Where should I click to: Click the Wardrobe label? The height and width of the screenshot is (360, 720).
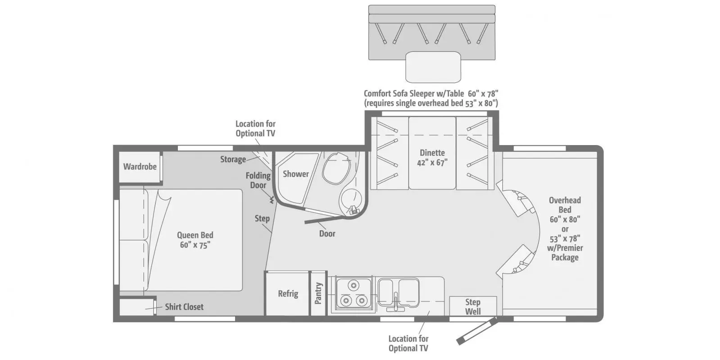pyautogui.click(x=140, y=166)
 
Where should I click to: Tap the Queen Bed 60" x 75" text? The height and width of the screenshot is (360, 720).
pyautogui.click(x=195, y=240)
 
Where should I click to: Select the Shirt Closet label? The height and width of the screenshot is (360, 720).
pyautogui.click(x=184, y=307)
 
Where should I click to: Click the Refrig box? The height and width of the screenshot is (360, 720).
pyautogui.click(x=288, y=294)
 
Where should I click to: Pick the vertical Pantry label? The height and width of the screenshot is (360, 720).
pyautogui.click(x=319, y=293)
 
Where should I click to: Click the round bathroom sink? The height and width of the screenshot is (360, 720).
pyautogui.click(x=351, y=199)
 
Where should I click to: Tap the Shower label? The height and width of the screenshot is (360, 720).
pyautogui.click(x=295, y=174)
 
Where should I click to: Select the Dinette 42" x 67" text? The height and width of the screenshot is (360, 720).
pyautogui.click(x=432, y=158)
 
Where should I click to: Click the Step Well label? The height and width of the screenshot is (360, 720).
pyautogui.click(x=472, y=306)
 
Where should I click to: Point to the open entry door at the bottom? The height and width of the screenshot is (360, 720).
pyautogui.click(x=476, y=331)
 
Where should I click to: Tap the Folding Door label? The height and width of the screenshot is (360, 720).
pyautogui.click(x=258, y=180)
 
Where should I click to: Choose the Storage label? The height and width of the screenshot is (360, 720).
pyautogui.click(x=233, y=159)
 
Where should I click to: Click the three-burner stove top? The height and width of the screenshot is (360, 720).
pyautogui.click(x=352, y=294)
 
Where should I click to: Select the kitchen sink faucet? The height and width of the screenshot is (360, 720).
pyautogui.click(x=395, y=302)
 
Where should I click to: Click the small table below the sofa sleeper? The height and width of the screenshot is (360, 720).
pyautogui.click(x=433, y=67)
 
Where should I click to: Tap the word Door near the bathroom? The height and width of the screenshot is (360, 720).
pyautogui.click(x=327, y=233)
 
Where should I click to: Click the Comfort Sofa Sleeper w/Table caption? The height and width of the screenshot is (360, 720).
pyautogui.click(x=431, y=98)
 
